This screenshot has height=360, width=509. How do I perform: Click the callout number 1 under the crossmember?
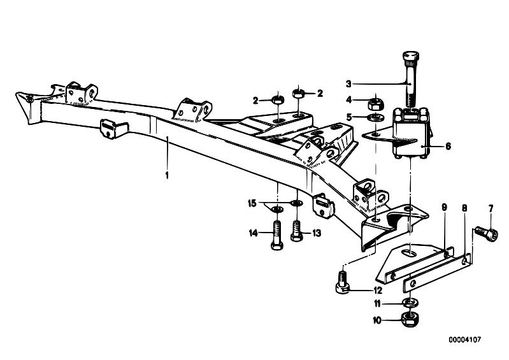[167, 176]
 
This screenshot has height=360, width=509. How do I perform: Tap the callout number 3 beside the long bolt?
[348, 84]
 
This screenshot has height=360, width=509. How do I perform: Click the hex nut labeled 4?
[376, 104]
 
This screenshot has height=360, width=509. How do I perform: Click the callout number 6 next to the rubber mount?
[448, 147]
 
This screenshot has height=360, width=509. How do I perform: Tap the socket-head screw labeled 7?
[487, 234]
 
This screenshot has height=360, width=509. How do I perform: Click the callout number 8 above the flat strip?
[464, 208]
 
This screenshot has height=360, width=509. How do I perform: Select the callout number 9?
[445, 208]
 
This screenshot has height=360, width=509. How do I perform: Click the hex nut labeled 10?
[410, 319]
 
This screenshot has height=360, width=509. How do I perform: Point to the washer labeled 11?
[410, 303]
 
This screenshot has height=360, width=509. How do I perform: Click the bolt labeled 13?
[297, 231]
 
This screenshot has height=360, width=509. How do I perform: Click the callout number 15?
[252, 203]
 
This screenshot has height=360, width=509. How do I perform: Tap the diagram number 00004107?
[465, 340]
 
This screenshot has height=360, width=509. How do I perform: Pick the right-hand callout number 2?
[320, 94]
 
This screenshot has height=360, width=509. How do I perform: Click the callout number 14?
[254, 233]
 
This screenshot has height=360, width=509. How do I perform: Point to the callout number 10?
[377, 320]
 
